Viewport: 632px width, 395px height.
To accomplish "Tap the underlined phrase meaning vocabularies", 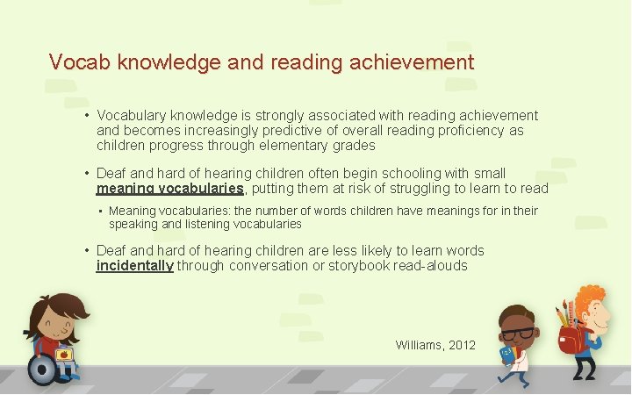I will [x=170, y=189].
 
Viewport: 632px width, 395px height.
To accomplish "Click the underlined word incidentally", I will [x=135, y=266].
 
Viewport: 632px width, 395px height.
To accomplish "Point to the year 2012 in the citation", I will [x=461, y=345].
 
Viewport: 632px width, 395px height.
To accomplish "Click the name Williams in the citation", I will [x=420, y=345].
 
